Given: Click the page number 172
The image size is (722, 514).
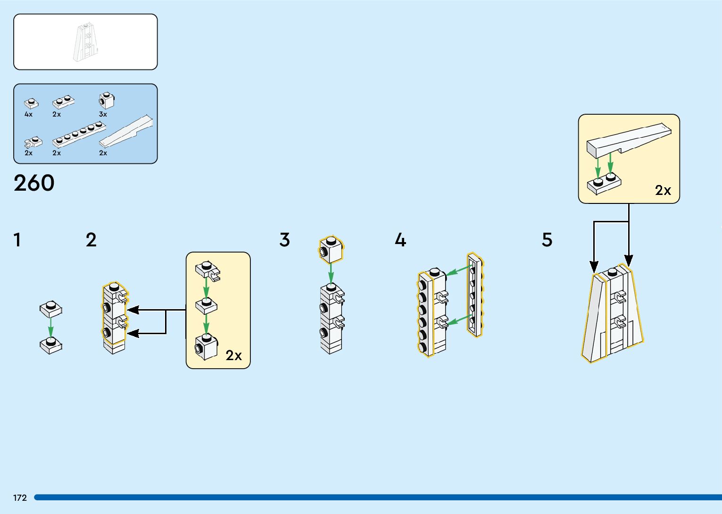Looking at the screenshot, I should (x=20, y=497).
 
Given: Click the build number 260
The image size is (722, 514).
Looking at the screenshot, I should (x=34, y=183).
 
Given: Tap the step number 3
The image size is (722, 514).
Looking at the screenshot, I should (x=284, y=240).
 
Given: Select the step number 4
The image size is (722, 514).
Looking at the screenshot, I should (x=400, y=240).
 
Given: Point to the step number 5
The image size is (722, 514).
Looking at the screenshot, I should (x=547, y=240).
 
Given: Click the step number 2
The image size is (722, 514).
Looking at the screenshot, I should (x=91, y=240).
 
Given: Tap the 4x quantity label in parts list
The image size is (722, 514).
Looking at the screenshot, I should (x=28, y=114).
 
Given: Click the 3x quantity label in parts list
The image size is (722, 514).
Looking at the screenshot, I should (x=103, y=114).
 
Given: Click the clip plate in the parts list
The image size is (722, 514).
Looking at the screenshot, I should (x=33, y=142).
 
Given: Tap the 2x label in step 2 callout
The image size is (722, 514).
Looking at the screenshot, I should (x=233, y=355).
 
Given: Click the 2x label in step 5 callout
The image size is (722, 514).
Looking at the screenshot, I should (x=663, y=190).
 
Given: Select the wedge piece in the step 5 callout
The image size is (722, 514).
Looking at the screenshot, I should (x=628, y=138).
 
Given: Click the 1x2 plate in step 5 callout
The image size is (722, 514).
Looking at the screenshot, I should (x=604, y=184).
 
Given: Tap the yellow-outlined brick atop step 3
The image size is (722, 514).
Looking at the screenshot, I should (x=331, y=250).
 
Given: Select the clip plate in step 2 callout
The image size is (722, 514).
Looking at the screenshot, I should (x=208, y=270).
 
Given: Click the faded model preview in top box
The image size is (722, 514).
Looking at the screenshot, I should (x=86, y=42).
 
